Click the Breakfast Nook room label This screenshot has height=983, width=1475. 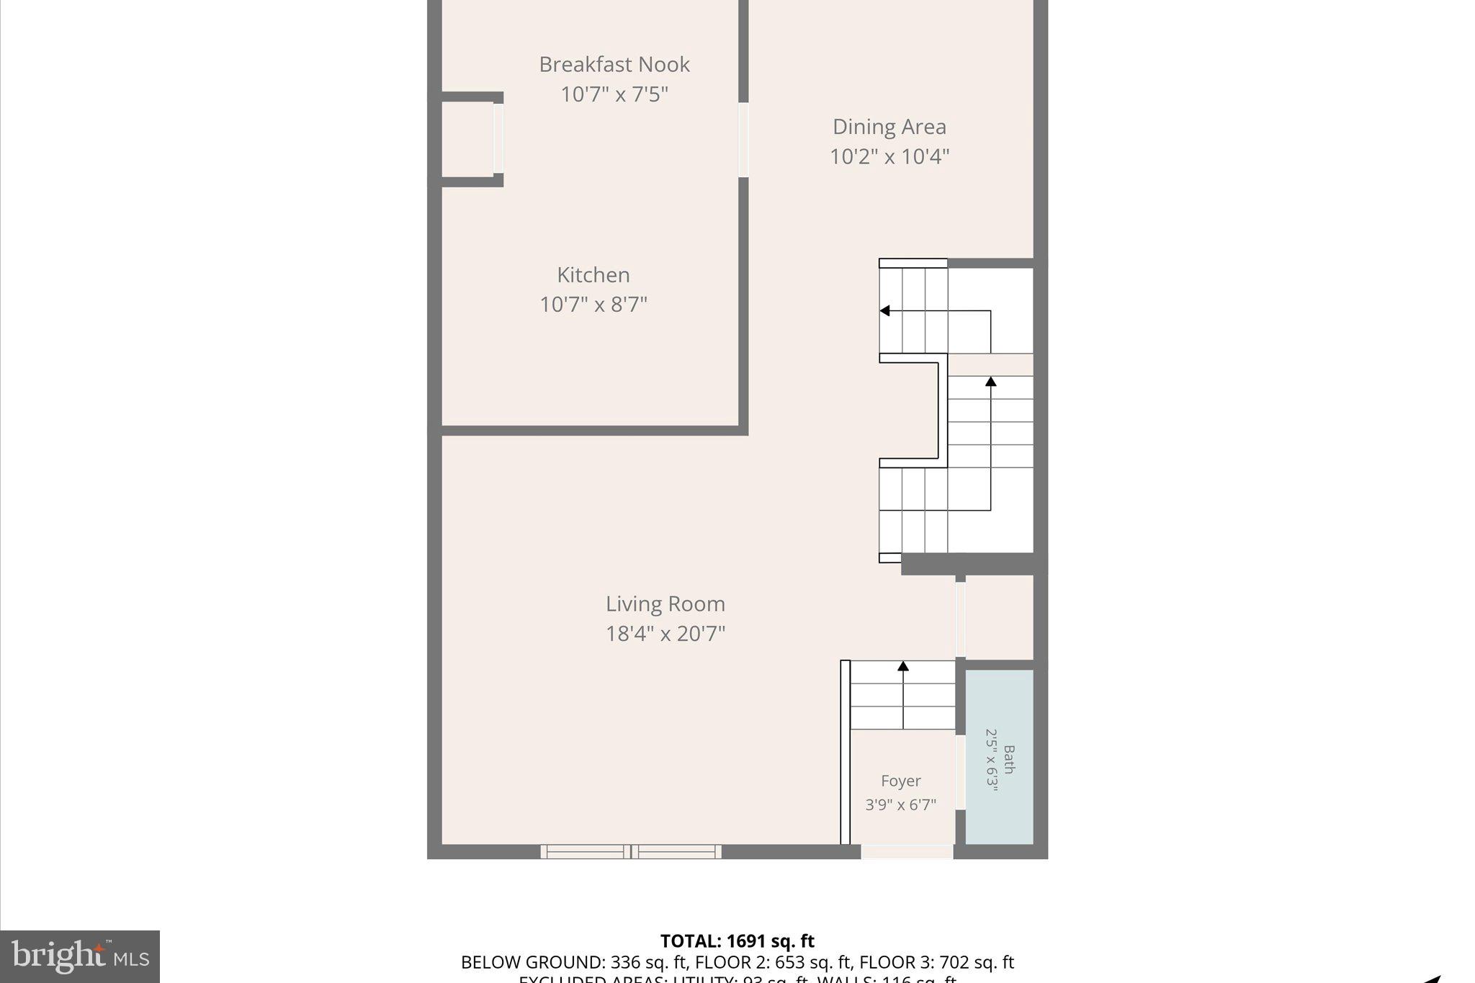click(614, 65)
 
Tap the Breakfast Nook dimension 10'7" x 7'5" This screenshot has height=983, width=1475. click(614, 94)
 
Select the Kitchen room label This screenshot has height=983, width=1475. click(593, 275)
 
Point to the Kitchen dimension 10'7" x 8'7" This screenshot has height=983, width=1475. click(593, 305)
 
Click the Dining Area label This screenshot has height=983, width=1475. click(889, 127)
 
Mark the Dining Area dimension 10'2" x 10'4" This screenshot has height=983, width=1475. click(889, 156)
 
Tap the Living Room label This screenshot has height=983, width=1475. click(665, 603)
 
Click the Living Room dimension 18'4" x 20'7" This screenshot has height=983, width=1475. click(665, 634)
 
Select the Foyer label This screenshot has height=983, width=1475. click(900, 781)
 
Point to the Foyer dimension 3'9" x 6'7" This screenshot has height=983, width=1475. click(900, 804)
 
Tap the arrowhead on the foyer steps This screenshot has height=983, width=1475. click(902, 666)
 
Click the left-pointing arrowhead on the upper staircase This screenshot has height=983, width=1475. click(884, 310)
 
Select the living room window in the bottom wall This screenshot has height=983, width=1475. click(631, 852)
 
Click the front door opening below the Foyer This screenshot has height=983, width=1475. click(907, 852)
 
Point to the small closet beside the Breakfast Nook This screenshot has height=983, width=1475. click(467, 139)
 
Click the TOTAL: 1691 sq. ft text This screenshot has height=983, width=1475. click(737, 941)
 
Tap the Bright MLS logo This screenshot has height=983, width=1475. click(80, 956)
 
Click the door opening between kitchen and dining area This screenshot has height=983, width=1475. click(743, 140)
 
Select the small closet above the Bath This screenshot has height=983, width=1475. click(999, 617)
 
